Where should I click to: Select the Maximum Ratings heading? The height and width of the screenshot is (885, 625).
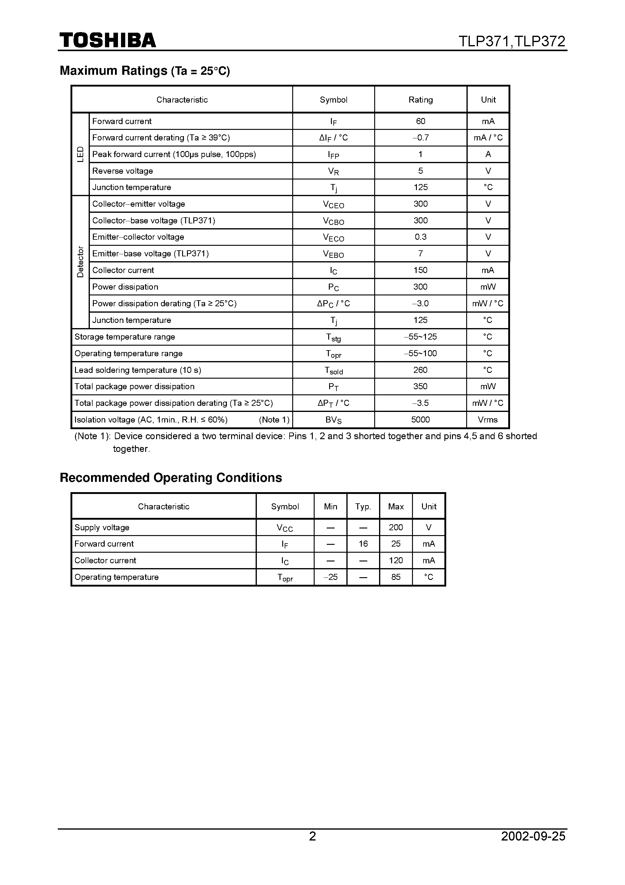pyautogui.click(x=145, y=71)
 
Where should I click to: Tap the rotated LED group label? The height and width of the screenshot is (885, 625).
pyautogui.click(x=80, y=154)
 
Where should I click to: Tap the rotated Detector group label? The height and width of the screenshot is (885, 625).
pyautogui.click(x=80, y=262)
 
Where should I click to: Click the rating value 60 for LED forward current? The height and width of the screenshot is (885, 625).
pyautogui.click(x=420, y=121)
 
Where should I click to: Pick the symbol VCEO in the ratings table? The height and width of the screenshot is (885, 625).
pyautogui.click(x=333, y=204)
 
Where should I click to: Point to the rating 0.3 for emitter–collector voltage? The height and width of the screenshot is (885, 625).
pyautogui.click(x=420, y=237)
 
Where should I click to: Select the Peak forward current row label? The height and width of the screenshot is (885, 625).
pyautogui.click(x=174, y=154)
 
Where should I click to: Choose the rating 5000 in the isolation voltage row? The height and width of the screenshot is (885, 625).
pyautogui.click(x=420, y=420)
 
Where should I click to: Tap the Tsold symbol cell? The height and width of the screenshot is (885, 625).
pyautogui.click(x=333, y=370)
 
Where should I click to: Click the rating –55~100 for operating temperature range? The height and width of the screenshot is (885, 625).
pyautogui.click(x=420, y=354)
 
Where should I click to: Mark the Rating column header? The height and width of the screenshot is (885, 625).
pyautogui.click(x=420, y=100)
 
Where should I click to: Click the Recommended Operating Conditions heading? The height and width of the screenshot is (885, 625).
pyautogui.click(x=171, y=478)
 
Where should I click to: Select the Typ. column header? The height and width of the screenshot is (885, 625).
pyautogui.click(x=363, y=506)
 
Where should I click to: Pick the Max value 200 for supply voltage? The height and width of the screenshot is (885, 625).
pyautogui.click(x=396, y=527)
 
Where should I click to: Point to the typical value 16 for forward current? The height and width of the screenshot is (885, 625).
pyautogui.click(x=363, y=544)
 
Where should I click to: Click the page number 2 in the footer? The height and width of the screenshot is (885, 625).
pyautogui.click(x=312, y=836)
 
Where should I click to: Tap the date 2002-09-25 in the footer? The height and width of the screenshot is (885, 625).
pyautogui.click(x=533, y=836)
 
